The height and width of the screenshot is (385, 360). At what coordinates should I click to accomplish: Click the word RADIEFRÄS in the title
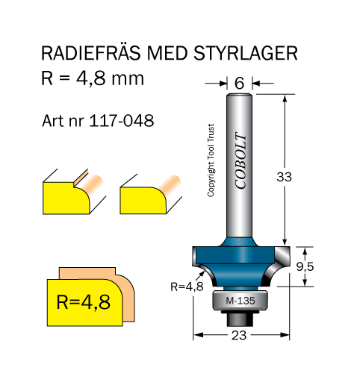90,52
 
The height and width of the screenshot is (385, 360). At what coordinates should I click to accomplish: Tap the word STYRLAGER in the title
246,53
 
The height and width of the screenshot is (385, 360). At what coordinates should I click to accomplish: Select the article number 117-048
122,121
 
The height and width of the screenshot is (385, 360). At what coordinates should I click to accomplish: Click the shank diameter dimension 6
239,83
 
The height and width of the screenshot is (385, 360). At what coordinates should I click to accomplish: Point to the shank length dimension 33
284,177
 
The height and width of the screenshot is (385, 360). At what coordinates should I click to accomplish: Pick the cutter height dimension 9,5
305,267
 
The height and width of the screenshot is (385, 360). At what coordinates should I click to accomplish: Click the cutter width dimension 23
239,335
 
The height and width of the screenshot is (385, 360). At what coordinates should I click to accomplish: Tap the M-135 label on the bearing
240,301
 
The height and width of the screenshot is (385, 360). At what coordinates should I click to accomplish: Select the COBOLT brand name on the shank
240,160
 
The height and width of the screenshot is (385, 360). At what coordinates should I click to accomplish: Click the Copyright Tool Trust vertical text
211,160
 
